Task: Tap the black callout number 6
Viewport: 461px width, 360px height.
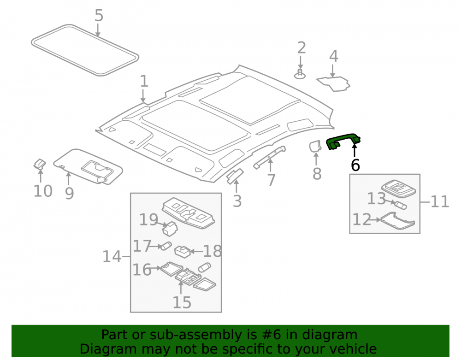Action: point(355,165)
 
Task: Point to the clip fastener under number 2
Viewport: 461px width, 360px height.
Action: point(300,74)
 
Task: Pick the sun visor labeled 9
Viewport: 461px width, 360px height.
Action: point(88,166)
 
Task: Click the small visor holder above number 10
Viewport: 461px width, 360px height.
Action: point(39,164)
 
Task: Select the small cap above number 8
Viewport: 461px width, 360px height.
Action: point(315,146)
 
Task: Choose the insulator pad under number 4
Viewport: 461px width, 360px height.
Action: point(334,83)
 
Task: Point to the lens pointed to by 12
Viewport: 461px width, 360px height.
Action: point(398,220)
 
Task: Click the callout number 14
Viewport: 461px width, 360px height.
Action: point(112,257)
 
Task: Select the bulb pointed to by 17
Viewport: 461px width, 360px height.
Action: point(166,246)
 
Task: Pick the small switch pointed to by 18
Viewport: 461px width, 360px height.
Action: point(183,252)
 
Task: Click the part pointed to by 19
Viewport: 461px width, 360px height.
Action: point(170,229)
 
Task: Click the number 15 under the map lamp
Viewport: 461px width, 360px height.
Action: point(182,302)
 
